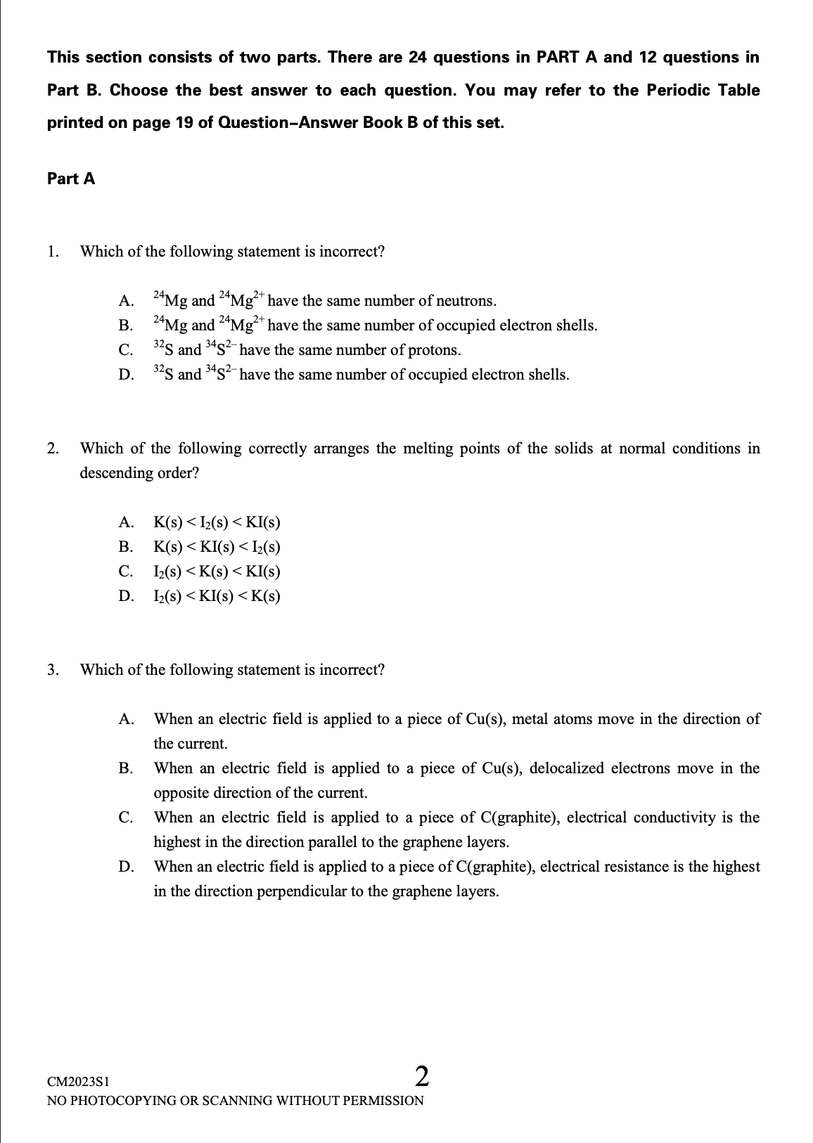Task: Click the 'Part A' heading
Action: [71, 179]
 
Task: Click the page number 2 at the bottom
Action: [422, 1076]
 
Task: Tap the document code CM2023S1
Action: [78, 1080]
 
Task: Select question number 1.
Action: [53, 252]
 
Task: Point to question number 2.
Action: [53, 448]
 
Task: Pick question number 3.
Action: [53, 669]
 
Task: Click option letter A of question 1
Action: [126, 301]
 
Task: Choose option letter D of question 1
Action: [126, 375]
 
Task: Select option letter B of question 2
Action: [126, 547]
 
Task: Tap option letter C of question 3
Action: [126, 818]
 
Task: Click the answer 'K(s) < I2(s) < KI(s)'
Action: [217, 522]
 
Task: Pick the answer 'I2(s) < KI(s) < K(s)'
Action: [217, 596]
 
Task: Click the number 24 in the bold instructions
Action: [418, 58]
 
